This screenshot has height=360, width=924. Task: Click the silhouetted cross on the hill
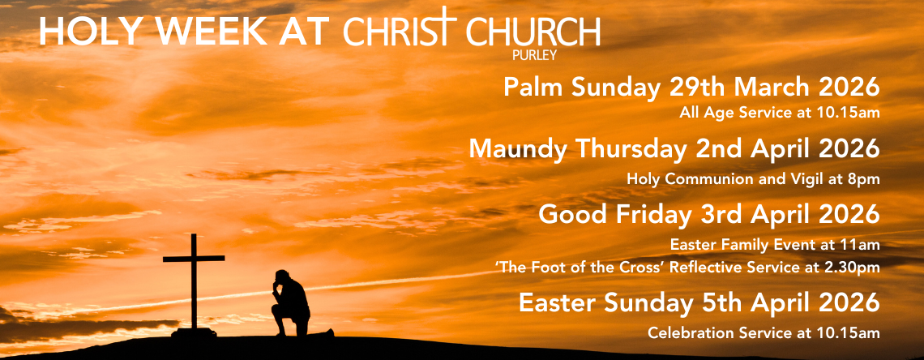[193, 284]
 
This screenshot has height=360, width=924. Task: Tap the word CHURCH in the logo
[533, 32]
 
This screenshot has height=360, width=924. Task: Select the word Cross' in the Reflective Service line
[639, 267]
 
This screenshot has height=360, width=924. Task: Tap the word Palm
[533, 88]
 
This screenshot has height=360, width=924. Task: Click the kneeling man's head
[282, 276]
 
